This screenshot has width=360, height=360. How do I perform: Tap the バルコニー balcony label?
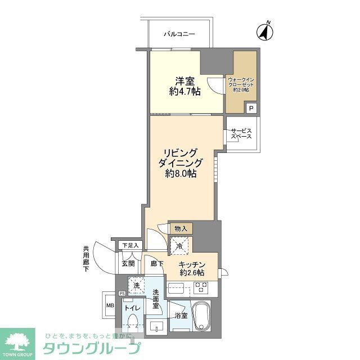pos(179,35)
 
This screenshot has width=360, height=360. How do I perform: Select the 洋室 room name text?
pos(184,80)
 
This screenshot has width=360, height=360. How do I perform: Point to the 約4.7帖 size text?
pos(184,92)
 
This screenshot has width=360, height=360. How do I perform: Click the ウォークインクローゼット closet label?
pos(240,84)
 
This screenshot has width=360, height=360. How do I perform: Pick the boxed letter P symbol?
pos(251,109)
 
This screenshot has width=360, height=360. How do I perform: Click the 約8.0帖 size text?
pos(181,174)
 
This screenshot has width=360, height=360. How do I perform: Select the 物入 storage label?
pos(181,228)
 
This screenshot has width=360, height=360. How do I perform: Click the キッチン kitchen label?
pos(192,265)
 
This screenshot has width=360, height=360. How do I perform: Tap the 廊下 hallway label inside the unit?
pos(157,263)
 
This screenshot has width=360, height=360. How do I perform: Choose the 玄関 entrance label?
pos(128,263)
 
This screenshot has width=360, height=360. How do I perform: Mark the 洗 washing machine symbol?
pos(136,286)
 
